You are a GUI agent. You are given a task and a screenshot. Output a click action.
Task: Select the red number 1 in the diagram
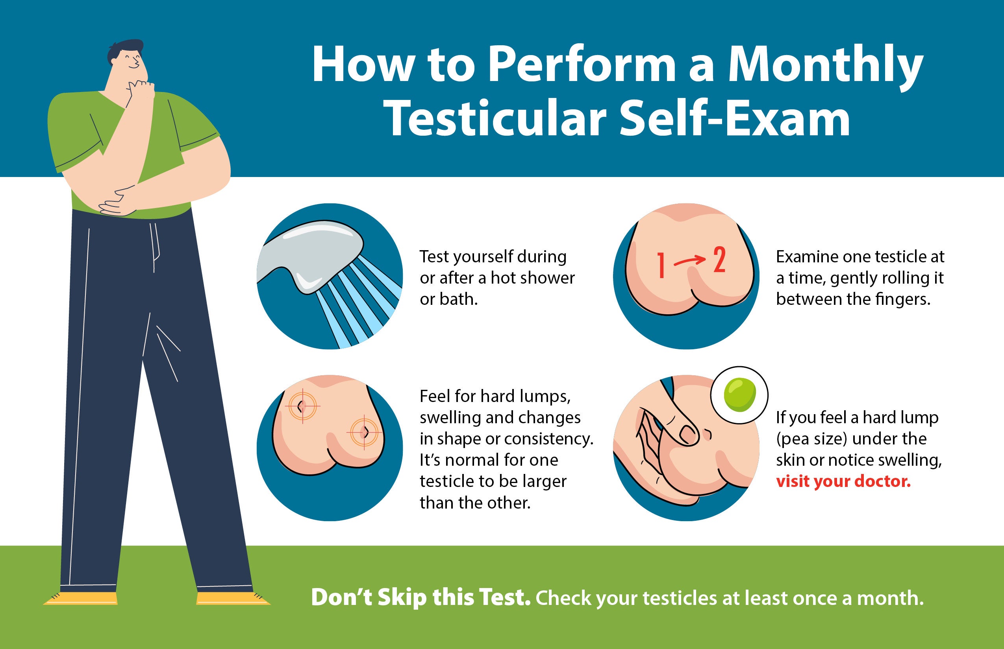click(661, 265)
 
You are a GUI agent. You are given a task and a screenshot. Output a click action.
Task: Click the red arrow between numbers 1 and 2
click(689, 261)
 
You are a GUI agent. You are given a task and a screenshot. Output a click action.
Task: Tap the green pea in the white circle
click(739, 395)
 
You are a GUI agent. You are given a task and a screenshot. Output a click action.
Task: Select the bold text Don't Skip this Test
click(420, 597)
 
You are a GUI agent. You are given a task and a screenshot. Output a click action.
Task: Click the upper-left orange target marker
click(302, 406)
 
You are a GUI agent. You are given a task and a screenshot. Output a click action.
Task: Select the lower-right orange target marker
click(365, 432)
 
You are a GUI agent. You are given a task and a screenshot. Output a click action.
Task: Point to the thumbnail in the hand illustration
click(687, 435)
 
